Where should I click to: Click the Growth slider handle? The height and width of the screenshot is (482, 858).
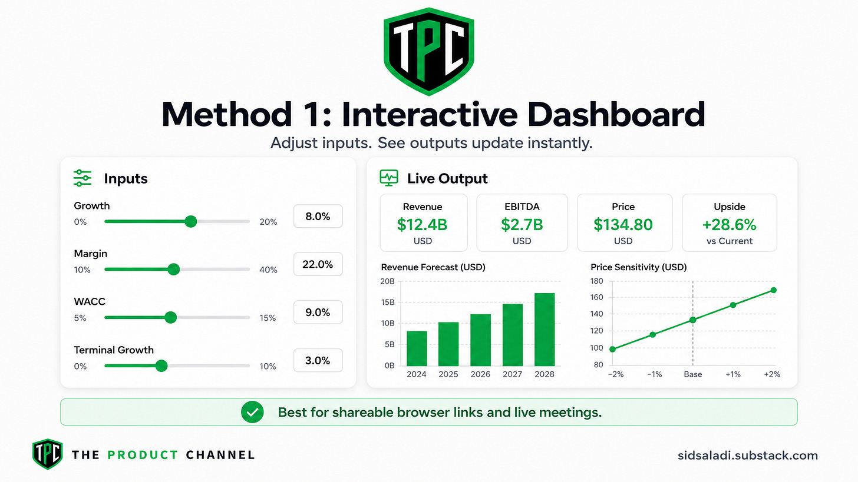[x=191, y=221]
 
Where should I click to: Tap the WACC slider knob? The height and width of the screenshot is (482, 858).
[x=170, y=317]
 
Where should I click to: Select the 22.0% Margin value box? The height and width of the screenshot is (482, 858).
[x=318, y=264]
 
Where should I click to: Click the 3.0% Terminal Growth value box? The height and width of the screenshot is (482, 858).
[x=318, y=360]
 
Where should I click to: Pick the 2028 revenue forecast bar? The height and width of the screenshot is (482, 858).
[x=544, y=330]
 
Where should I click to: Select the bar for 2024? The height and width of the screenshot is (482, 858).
[x=417, y=348]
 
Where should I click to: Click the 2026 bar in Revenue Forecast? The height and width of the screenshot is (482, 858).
[x=480, y=340]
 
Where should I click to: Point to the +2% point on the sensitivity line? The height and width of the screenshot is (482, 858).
[x=773, y=290]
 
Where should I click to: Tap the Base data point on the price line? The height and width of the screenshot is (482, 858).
[x=692, y=320]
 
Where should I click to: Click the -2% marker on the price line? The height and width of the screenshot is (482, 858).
[x=612, y=349]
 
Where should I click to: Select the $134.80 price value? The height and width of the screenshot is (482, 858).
[x=623, y=225]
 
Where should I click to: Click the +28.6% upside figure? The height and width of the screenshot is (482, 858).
[x=730, y=225]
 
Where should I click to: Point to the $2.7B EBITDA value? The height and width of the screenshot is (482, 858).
[x=522, y=225]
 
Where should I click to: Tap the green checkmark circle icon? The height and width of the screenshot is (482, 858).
[x=252, y=412]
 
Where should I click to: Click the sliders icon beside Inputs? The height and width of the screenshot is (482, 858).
[x=82, y=178]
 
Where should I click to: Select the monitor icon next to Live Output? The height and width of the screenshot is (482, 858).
[x=389, y=178]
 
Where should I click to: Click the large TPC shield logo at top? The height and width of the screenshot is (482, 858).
[x=429, y=51]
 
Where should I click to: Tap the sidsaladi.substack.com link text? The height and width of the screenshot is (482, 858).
[x=748, y=456]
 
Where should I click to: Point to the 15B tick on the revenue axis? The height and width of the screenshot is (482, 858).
[x=387, y=303]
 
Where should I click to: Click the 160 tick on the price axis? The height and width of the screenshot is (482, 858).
[x=597, y=297]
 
